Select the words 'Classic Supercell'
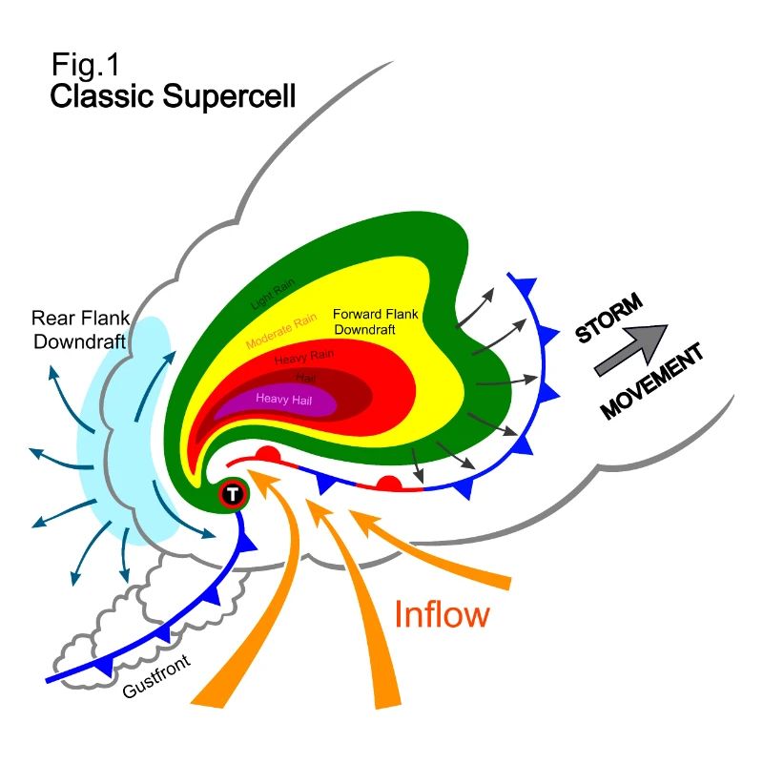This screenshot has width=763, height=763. coord(173,96)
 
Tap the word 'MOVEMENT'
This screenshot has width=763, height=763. coord(652,381)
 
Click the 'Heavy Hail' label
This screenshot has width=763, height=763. coord(283,400)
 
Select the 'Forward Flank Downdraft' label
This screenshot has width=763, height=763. coord(377,320)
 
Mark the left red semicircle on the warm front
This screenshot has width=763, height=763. coord(269,455)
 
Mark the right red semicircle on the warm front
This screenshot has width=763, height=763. coord(388,485)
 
